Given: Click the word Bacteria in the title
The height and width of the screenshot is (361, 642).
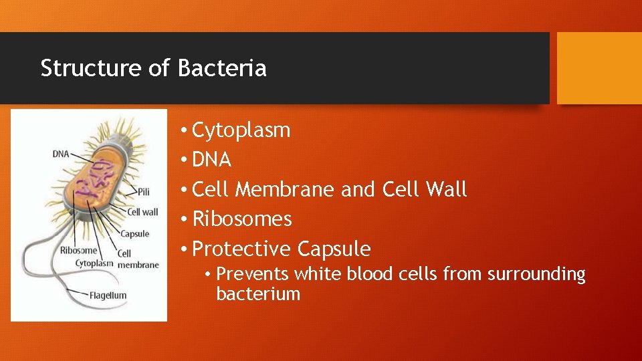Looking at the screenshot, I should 222,68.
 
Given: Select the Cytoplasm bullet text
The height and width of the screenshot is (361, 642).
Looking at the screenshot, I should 241,130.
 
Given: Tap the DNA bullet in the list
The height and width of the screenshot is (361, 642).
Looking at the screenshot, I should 211,160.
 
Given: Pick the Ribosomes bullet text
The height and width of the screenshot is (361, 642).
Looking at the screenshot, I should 242,219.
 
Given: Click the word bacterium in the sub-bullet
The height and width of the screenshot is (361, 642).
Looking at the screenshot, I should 258,294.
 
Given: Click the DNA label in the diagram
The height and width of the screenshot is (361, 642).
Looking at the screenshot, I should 61,154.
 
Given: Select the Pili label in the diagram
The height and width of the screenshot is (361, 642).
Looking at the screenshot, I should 143,192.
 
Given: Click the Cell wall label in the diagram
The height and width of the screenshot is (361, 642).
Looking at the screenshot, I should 142,212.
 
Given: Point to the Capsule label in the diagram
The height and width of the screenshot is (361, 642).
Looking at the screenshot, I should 134,234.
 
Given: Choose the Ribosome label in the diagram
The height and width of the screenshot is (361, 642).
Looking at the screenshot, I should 78,251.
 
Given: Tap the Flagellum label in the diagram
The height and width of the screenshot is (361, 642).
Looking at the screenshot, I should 108,295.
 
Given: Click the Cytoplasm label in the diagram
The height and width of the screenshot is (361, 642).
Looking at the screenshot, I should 94,263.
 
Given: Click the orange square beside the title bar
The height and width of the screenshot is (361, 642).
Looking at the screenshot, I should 599,68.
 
